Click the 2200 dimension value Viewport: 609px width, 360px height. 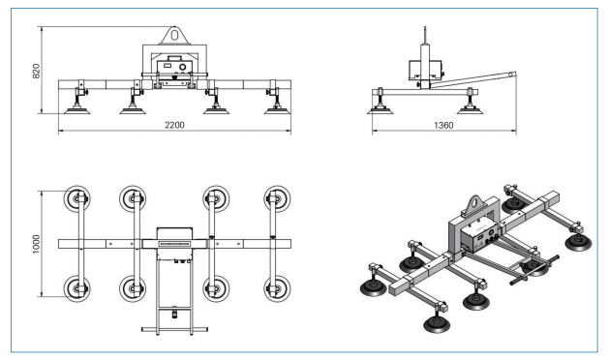(x=174, y=125)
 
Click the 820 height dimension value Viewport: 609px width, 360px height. (x=36, y=71)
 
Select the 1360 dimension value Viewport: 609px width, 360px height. (x=443, y=125)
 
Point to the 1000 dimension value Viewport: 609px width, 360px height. (x=36, y=244)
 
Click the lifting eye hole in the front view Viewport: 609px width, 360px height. (x=174, y=35)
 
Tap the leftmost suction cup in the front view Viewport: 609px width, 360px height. (x=77, y=110)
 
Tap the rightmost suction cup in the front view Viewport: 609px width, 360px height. (x=277, y=110)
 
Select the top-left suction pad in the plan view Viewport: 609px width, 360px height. (x=77, y=198)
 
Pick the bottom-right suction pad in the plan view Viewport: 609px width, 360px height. (x=277, y=289)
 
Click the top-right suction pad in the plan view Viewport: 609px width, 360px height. (x=277, y=198)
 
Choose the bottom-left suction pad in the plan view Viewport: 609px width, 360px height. (x=77, y=289)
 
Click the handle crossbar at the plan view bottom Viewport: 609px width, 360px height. (x=174, y=330)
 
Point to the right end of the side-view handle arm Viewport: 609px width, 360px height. (x=513, y=74)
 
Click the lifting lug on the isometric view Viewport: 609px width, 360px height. (x=473, y=205)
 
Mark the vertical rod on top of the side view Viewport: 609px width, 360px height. (x=425, y=36)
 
